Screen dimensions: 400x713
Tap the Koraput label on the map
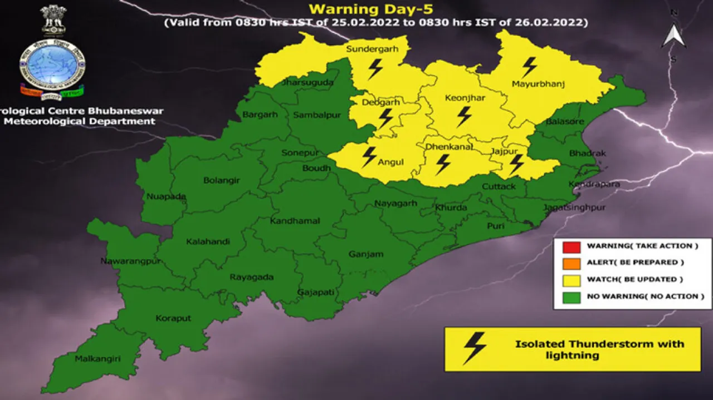tap(173, 318)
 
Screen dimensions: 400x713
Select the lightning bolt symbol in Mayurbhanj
tap(529, 67)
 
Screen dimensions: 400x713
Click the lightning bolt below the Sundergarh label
tap(375, 69)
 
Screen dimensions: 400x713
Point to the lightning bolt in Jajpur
tap(516, 164)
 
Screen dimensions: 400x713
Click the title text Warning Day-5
tap(372, 9)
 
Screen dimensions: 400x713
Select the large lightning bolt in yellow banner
tap(475, 348)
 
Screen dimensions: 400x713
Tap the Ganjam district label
tap(365, 254)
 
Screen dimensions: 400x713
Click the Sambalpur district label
tap(313, 115)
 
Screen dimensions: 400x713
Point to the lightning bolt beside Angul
tap(369, 157)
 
